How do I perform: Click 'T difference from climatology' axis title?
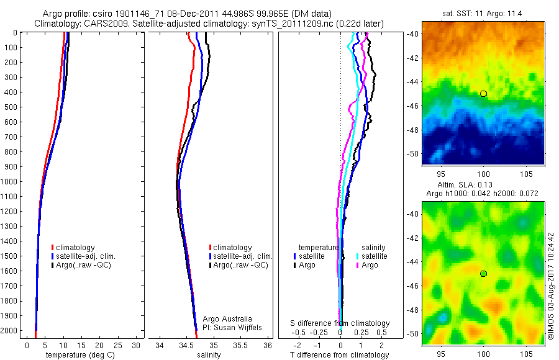pyautogui.click(x=340, y=355)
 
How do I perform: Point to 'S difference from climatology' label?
pyautogui.click(x=340, y=323)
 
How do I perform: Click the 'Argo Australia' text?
pyautogui.click(x=228, y=318)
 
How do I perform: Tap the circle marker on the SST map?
pyautogui.click(x=483, y=94)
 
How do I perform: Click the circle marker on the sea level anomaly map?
pyautogui.click(x=483, y=274)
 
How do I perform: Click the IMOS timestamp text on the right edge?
pyautogui.click(x=551, y=286)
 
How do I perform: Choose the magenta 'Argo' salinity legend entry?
pyautogui.click(x=367, y=265)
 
